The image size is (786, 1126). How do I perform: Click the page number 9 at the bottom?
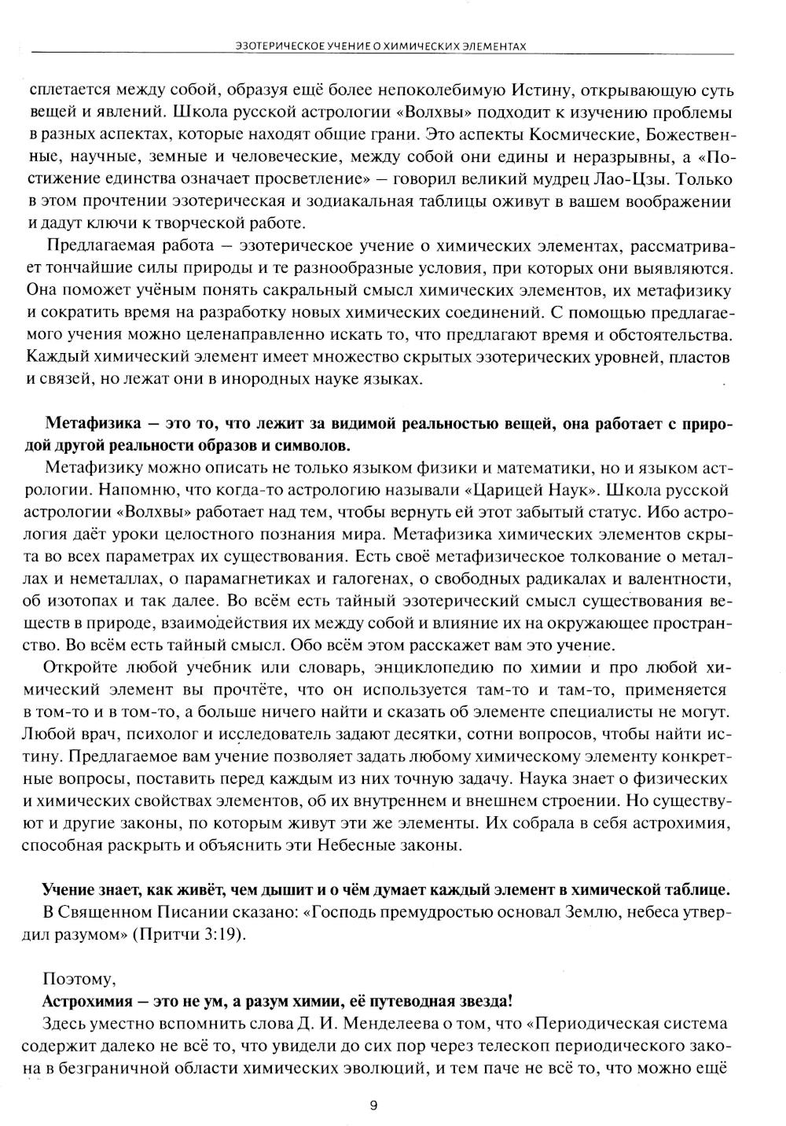click(x=373, y=1105)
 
